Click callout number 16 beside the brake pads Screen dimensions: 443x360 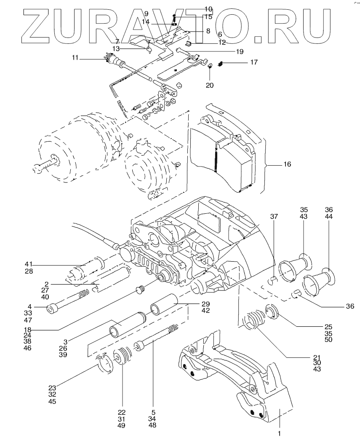287,164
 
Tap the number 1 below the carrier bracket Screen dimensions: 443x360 279,432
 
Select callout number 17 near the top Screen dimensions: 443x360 254,62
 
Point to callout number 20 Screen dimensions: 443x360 210,85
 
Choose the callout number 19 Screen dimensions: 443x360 240,51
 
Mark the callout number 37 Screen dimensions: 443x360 274,217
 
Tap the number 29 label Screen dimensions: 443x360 205,304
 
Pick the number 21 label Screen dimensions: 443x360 317,357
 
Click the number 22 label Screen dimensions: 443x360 122,412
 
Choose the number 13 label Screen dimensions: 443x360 116,49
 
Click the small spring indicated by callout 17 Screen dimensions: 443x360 220,64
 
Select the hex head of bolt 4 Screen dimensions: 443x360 52,309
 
